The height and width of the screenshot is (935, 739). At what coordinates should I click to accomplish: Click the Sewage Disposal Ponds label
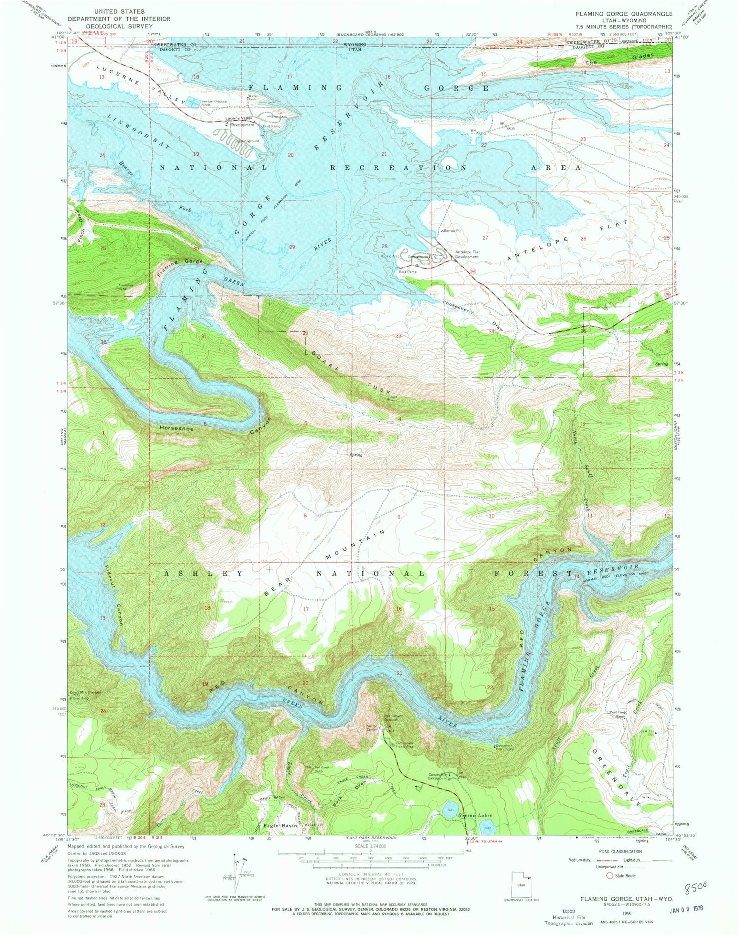click(x=214, y=103)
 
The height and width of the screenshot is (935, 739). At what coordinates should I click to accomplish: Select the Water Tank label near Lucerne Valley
click(x=253, y=98)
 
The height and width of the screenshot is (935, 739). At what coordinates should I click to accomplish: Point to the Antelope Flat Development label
click(x=467, y=254)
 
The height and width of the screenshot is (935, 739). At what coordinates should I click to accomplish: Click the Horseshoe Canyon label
click(x=176, y=428)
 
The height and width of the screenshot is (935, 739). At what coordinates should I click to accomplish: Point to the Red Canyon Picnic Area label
click(x=407, y=744)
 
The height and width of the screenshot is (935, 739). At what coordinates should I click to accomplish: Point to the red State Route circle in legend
click(x=610, y=875)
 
